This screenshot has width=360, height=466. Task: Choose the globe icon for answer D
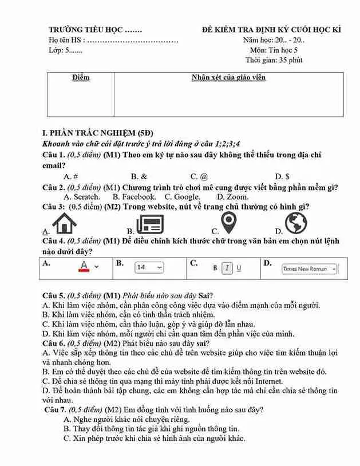pos(296,223)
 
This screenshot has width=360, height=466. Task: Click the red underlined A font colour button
pos(84,266)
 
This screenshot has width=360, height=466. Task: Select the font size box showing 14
pos(149,267)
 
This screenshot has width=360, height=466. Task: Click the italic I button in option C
pos(227,268)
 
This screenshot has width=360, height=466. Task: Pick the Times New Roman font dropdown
pos(309,268)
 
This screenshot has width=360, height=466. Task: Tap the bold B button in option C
pos(216,268)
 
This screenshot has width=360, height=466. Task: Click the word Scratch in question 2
pos(86,197)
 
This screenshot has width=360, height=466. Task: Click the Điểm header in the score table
pos(81,78)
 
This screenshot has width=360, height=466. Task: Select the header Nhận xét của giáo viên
pos(228,78)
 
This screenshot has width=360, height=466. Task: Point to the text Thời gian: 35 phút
pos(274,60)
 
